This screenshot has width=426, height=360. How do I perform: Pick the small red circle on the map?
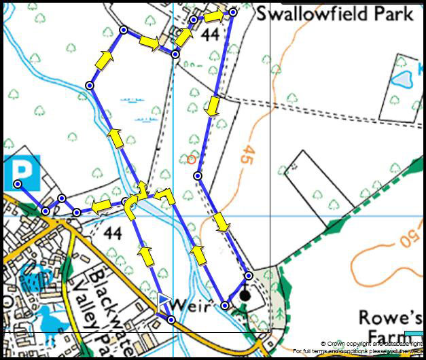(x=192, y=160)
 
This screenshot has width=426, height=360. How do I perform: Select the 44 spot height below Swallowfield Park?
(x=211, y=35)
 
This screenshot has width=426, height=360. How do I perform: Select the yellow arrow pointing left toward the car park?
(x=102, y=206)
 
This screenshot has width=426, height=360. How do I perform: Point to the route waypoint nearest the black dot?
(x=249, y=276)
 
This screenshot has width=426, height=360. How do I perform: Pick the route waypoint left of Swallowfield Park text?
(x=232, y=12)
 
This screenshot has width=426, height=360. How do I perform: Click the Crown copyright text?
(x=372, y=344)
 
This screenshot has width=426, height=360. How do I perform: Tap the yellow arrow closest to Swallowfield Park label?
(x=213, y=15)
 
